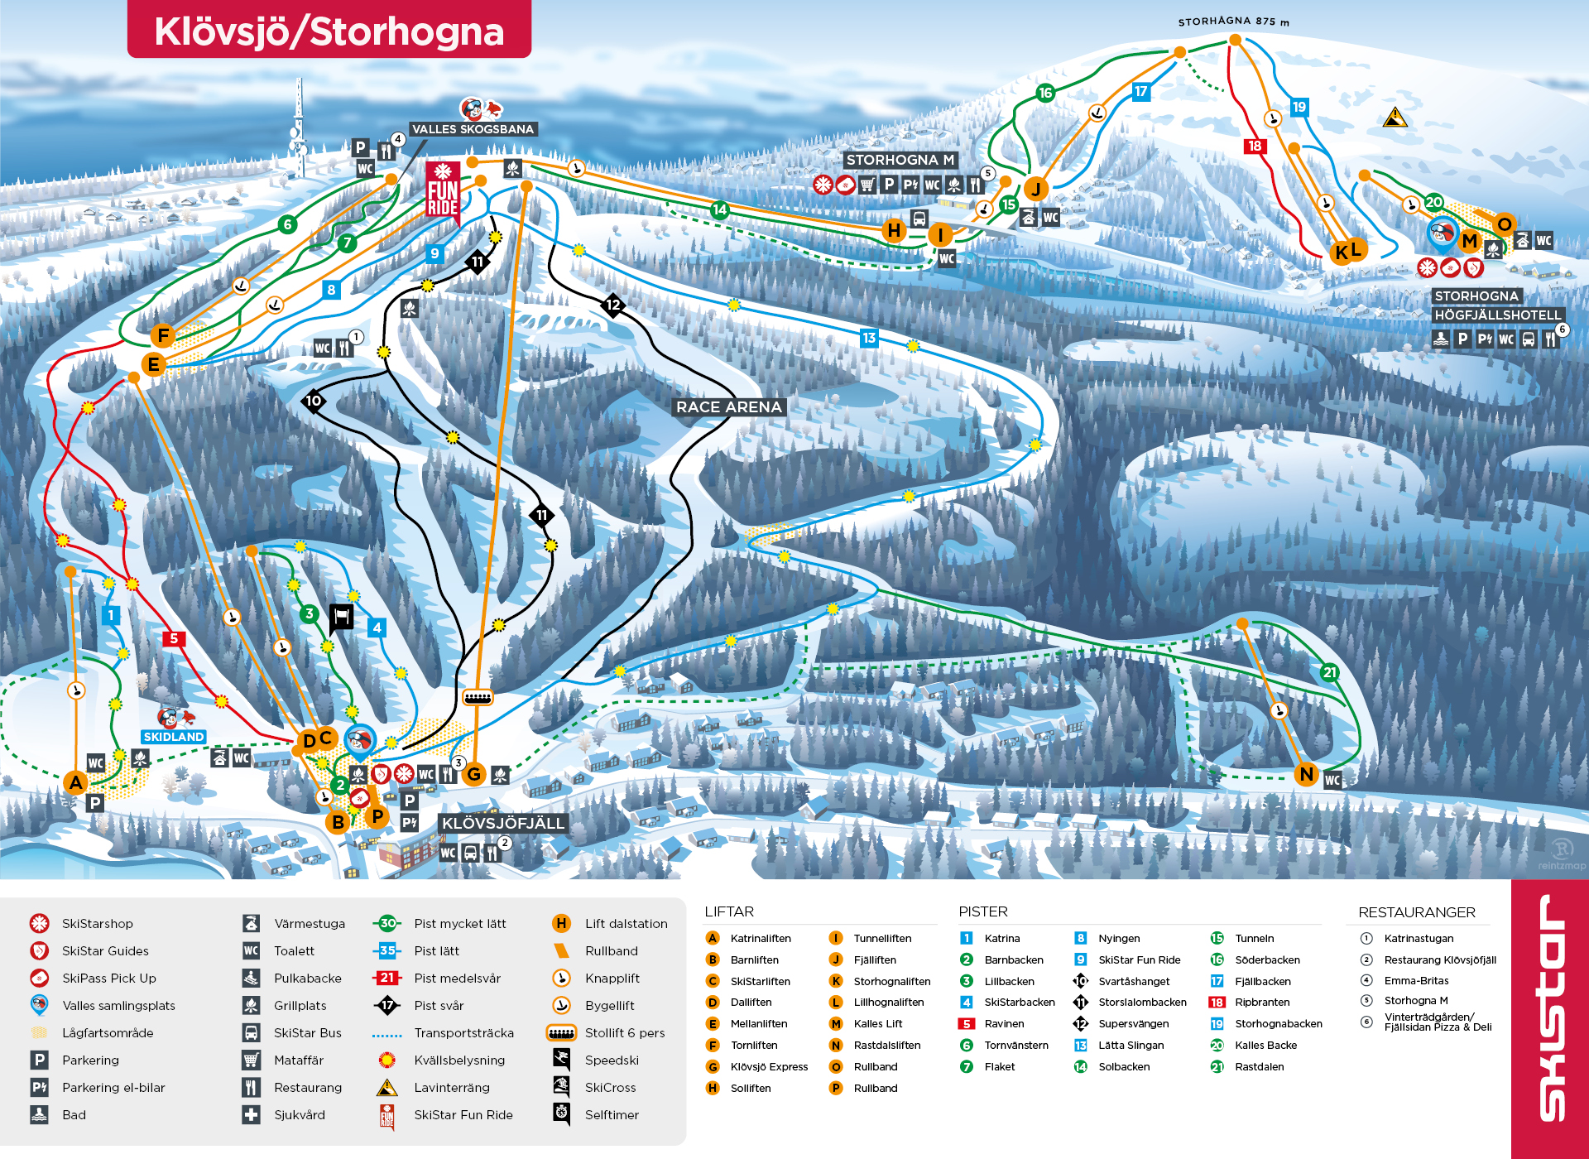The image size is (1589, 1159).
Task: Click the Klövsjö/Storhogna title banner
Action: pyautogui.click(x=329, y=31)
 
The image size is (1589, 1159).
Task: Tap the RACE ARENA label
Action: pyautogui.click(x=728, y=406)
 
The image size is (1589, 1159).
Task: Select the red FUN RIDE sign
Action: pyautogui.click(x=443, y=191)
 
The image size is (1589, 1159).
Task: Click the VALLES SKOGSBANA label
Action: pyautogui.click(x=473, y=129)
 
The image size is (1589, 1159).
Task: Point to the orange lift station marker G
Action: pyautogui.click(x=474, y=774)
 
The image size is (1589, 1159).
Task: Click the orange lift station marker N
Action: pyautogui.click(x=1306, y=774)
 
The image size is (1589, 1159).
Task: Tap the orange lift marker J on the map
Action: pyautogui.click(x=1035, y=189)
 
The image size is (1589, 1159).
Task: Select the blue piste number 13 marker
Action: pyautogui.click(x=869, y=338)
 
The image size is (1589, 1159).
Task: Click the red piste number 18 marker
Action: pyautogui.click(x=1255, y=146)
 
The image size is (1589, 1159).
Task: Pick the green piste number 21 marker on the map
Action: pyautogui.click(x=1329, y=672)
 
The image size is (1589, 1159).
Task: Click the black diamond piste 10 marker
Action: pyautogui.click(x=314, y=401)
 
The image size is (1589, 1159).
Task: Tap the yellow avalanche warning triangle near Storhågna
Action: pyautogui.click(x=1395, y=118)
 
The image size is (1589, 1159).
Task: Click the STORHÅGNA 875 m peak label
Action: pyautogui.click(x=1233, y=22)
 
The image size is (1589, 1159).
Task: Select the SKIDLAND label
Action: pyautogui.click(x=173, y=737)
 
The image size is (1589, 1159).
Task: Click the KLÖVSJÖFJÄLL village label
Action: pyautogui.click(x=502, y=823)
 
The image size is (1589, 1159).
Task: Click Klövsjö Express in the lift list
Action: pyautogui.click(x=769, y=1066)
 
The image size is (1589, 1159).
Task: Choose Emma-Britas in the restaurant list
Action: pyautogui.click(x=1416, y=980)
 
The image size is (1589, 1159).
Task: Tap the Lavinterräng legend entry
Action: pyautogui.click(x=452, y=1087)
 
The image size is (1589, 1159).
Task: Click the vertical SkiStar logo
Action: pyautogui.click(x=1551, y=1010)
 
